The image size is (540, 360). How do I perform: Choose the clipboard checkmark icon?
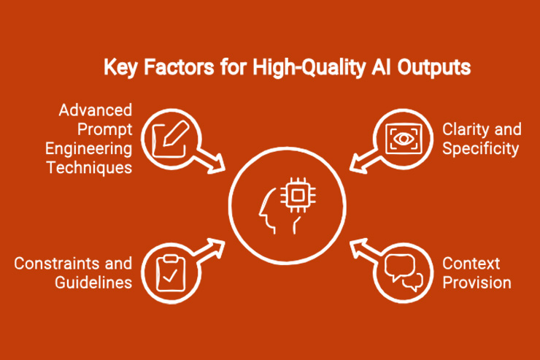pos(169,269)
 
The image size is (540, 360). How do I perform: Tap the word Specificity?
pos(481,149)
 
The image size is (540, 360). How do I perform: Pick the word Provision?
pos(477,282)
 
